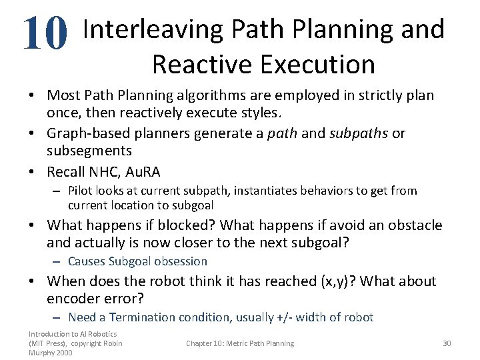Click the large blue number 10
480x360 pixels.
45,34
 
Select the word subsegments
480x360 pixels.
89,151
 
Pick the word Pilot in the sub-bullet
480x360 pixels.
81,191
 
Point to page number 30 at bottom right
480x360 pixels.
447,343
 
